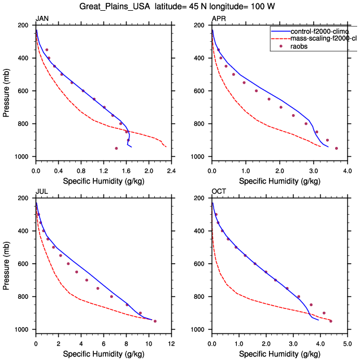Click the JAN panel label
pos(42,19)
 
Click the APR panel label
pos(218,19)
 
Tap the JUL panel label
pos(41,192)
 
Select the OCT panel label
pos(218,192)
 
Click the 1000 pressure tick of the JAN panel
pos(24,156)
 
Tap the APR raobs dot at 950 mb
pos(336,148)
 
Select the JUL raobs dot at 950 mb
pos(155,321)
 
